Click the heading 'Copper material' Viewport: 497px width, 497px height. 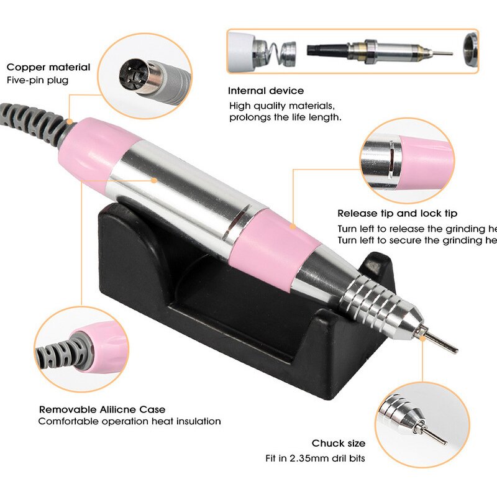(x=48, y=67)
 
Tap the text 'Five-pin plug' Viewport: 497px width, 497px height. (x=37, y=80)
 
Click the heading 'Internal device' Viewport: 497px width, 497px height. (x=266, y=91)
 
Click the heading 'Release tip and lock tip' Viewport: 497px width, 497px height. (x=397, y=214)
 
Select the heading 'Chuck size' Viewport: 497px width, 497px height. (x=338, y=444)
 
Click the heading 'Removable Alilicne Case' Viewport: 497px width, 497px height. (x=103, y=409)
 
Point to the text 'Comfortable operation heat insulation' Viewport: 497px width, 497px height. (x=129, y=421)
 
